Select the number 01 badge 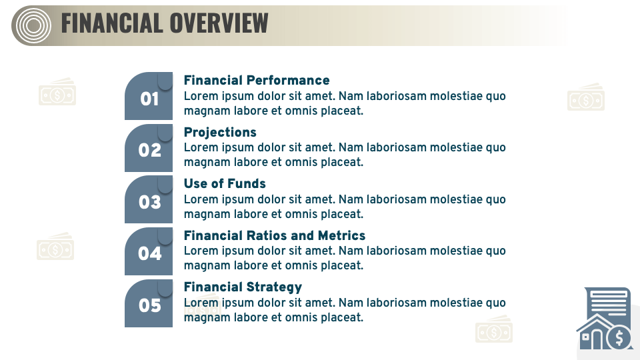coord(149,98)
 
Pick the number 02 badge coord(149,150)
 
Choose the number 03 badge coord(149,201)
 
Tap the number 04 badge coord(149,253)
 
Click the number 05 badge coord(149,305)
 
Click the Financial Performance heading coord(257,80)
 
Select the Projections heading coord(220,132)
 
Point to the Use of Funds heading coord(225,183)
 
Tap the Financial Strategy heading coord(243,287)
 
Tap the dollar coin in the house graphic coord(620,338)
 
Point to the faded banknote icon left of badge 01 coord(57,93)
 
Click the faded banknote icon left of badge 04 coord(55,247)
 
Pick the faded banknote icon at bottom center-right coord(494,330)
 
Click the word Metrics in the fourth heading coord(341,235)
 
